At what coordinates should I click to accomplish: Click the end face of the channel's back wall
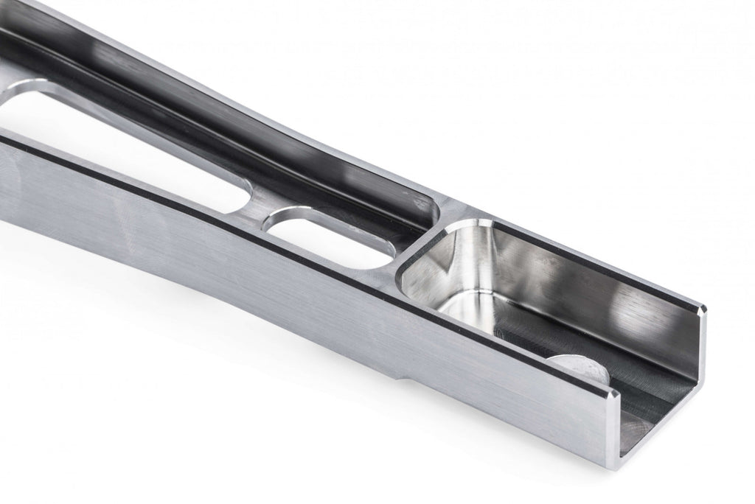(697, 346)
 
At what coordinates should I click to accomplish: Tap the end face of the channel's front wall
(616, 435)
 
